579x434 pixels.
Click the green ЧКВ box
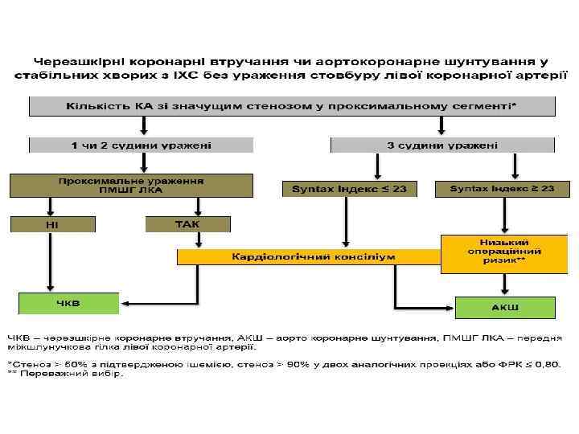(x=68, y=303)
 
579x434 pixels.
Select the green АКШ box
(x=505, y=307)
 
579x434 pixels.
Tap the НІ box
(x=51, y=223)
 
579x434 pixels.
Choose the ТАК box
(x=187, y=223)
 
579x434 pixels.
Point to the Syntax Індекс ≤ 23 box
(x=344, y=189)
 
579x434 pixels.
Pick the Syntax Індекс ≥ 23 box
(x=501, y=189)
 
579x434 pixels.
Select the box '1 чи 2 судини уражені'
(x=142, y=145)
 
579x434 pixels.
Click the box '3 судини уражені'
(x=442, y=145)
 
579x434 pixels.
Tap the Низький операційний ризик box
(x=503, y=252)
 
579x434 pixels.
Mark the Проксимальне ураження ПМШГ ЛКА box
(x=130, y=186)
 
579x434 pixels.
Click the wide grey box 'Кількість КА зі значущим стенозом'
(x=291, y=106)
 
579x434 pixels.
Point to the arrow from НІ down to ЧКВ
(x=50, y=261)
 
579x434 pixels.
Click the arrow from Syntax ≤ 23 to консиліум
(x=345, y=221)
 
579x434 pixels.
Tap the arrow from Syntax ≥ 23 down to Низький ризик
(x=503, y=215)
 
